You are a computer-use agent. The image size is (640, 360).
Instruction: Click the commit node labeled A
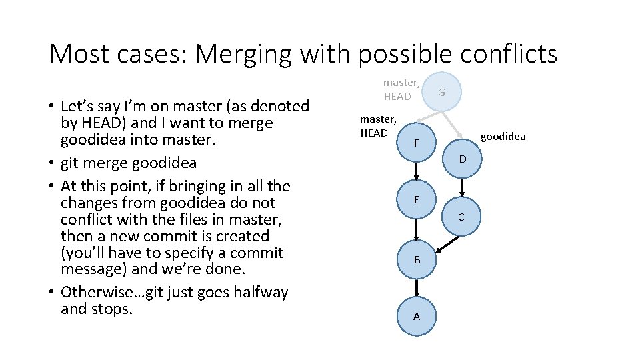[417, 316]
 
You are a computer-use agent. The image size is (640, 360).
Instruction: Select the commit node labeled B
[417, 259]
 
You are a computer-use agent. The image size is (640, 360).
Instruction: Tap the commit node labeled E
[417, 200]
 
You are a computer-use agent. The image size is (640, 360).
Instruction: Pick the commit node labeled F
[417, 143]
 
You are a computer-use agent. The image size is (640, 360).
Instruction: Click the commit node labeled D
[461, 159]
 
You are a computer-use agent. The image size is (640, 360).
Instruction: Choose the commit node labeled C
[461, 217]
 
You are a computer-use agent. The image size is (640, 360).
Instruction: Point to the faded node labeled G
[441, 93]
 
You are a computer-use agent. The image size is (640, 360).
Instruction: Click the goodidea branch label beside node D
[503, 137]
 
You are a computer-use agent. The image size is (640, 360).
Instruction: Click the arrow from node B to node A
[417, 287]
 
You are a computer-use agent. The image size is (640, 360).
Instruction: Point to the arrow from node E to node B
[417, 229]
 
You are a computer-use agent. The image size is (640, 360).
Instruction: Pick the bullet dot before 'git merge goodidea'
[51, 163]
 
